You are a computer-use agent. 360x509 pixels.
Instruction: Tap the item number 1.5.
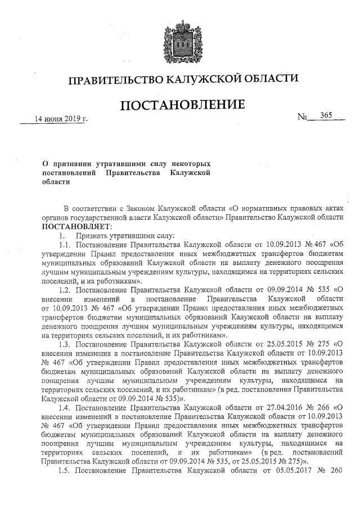pyautogui.click(x=66, y=471)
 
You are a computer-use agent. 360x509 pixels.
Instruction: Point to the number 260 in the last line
pyautogui.click(x=337, y=471)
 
